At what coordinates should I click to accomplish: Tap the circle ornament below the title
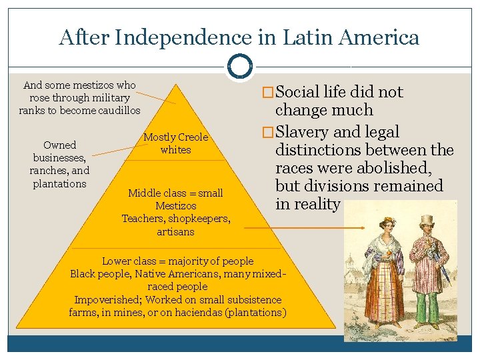[240, 66]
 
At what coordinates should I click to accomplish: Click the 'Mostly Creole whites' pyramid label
[176, 143]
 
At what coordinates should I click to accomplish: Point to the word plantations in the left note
[60, 183]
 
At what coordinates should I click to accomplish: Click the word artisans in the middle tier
[175, 231]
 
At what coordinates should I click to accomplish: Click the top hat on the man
[427, 221]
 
